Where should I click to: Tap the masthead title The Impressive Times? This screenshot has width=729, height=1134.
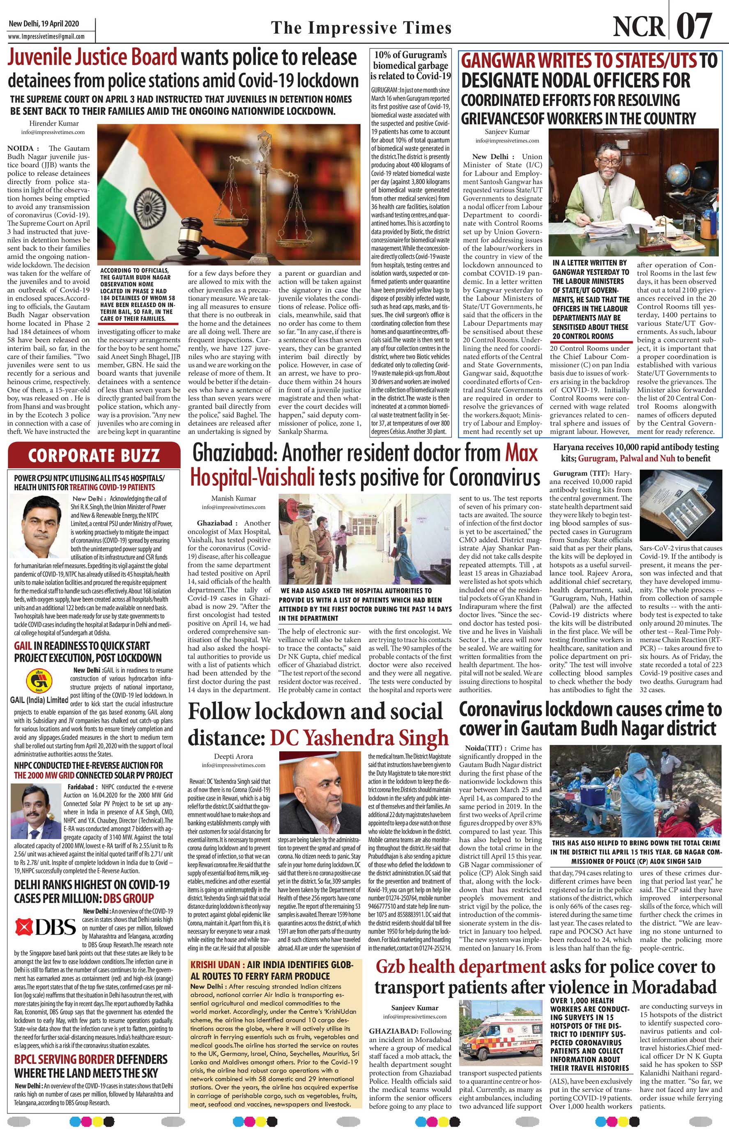click(361, 28)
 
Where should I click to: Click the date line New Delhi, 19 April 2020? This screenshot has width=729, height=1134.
click(44, 24)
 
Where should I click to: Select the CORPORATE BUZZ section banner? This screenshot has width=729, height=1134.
click(94, 455)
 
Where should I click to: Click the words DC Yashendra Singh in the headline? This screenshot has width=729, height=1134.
click(359, 750)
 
